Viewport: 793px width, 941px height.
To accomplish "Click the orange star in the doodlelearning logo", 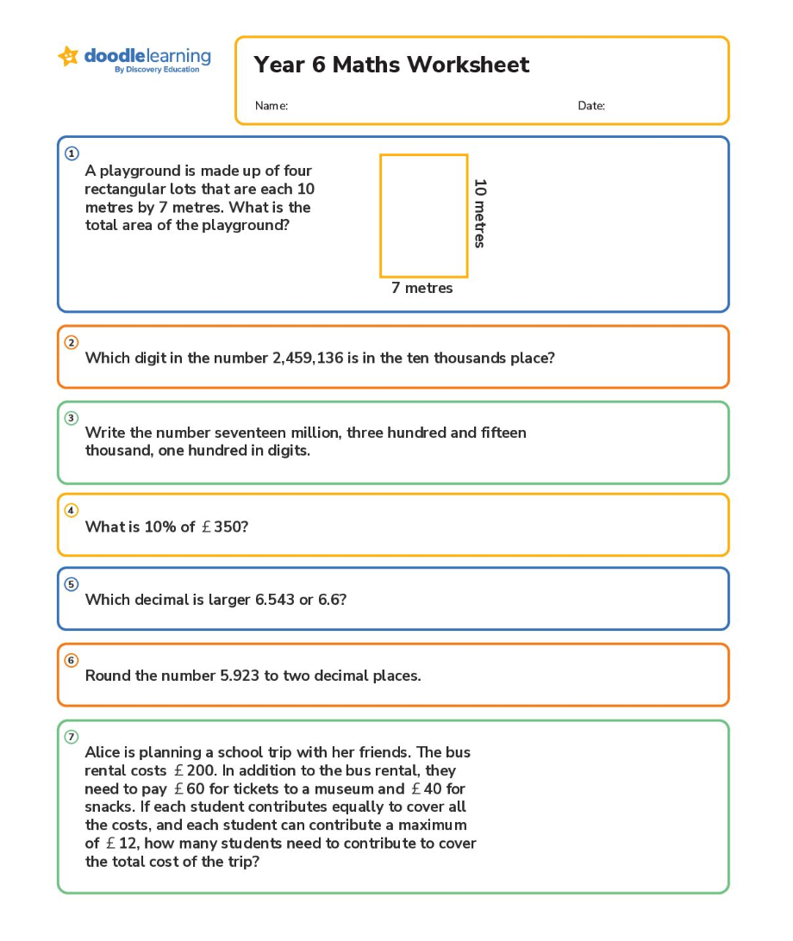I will click(68, 56).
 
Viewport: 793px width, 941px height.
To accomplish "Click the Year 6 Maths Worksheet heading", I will click(391, 65).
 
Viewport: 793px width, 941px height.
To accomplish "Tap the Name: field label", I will click(271, 106).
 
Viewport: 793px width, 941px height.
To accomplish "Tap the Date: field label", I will click(591, 106).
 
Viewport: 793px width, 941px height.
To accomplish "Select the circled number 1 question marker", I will click(72, 153).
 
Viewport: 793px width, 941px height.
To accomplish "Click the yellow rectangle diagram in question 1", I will click(424, 215).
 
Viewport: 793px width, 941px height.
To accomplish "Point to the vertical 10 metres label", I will click(480, 214).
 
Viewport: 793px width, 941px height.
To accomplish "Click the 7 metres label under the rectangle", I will click(421, 288).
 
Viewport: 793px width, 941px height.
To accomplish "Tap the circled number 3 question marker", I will click(72, 418).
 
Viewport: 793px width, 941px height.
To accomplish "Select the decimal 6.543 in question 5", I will click(275, 599).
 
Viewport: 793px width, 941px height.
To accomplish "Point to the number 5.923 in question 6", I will click(240, 676).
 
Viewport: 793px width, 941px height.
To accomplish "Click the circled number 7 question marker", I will click(72, 737).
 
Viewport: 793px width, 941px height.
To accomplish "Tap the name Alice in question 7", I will click(103, 752).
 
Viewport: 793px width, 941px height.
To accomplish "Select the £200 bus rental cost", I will click(194, 770).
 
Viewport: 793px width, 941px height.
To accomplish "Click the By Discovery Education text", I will click(157, 70).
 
